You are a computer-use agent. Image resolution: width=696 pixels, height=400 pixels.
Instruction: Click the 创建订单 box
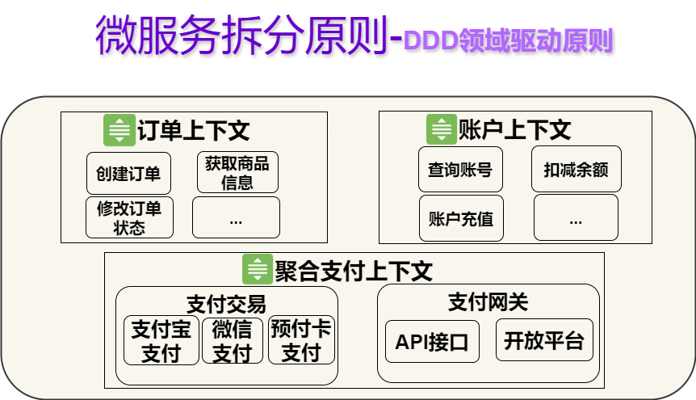click(128, 173)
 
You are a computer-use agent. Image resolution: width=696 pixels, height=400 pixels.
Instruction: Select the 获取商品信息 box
click(237, 172)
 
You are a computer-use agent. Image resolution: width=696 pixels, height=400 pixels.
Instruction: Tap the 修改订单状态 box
click(130, 218)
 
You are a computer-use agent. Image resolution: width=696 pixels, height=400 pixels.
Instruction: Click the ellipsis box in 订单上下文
click(236, 218)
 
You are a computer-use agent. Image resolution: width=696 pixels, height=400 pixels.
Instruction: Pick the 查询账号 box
click(461, 170)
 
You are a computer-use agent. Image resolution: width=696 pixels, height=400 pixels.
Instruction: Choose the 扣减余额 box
click(577, 170)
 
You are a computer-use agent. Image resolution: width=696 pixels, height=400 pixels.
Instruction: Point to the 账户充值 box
click(461, 218)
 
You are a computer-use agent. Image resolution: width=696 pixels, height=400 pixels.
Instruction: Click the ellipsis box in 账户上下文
click(577, 218)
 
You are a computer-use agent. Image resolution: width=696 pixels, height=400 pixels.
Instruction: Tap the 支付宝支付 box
click(161, 340)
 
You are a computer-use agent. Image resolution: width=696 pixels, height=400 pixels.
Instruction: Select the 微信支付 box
click(233, 340)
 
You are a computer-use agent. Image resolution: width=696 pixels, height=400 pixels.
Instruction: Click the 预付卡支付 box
click(301, 340)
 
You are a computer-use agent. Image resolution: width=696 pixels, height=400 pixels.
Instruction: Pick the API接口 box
click(432, 342)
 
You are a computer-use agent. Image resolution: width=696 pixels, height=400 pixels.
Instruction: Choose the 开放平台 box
click(545, 340)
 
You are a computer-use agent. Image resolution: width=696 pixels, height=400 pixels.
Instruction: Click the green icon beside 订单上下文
click(119, 130)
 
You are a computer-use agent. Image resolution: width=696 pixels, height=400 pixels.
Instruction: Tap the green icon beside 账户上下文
click(442, 129)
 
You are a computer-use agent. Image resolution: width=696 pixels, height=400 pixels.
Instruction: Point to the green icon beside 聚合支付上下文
click(258, 269)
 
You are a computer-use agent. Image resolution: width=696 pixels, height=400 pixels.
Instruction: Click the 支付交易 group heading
click(226, 305)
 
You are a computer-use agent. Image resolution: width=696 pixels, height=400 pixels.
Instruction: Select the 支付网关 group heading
click(488, 302)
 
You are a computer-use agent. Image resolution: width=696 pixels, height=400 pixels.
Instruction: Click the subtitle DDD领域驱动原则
click(509, 40)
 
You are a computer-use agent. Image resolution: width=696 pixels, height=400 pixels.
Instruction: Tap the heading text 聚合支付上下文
click(354, 271)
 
